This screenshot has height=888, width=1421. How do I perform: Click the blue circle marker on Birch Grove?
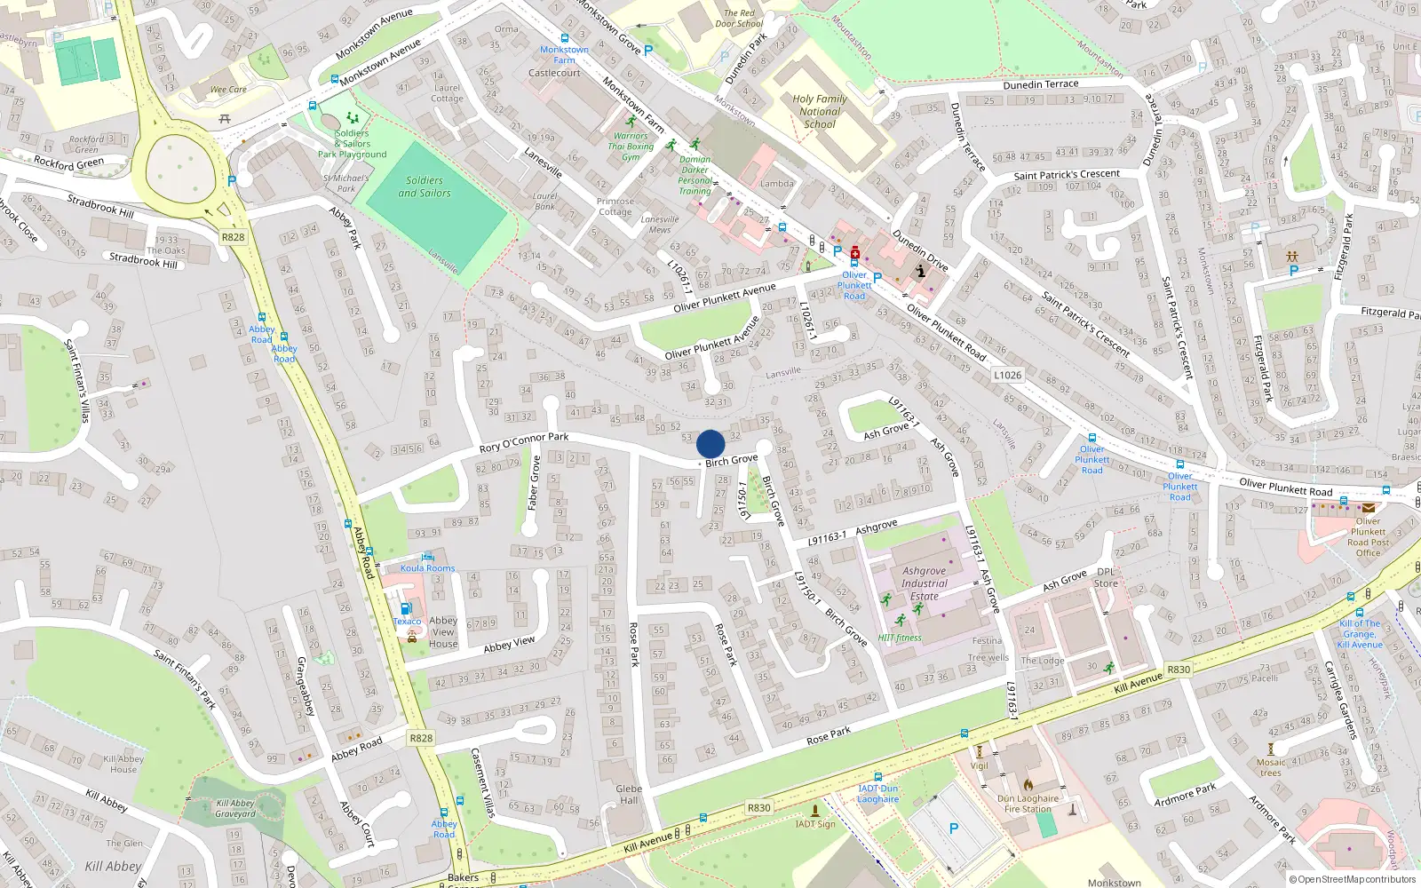click(x=710, y=444)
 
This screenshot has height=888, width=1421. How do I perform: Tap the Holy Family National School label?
click(x=819, y=112)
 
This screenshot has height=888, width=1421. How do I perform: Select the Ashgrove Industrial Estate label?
click(x=924, y=583)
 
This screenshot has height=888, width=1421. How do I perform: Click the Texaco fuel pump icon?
click(x=406, y=608)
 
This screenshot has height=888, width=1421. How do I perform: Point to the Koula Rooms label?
click(x=427, y=568)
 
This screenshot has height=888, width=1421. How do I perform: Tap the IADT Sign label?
click(x=815, y=824)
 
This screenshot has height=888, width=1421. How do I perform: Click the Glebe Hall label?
click(x=629, y=794)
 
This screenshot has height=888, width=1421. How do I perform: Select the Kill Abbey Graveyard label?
click(x=235, y=808)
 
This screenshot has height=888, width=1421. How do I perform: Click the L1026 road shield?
click(x=1007, y=375)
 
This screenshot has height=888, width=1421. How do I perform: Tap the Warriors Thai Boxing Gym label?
click(x=631, y=147)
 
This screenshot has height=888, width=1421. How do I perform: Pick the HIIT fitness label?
click(x=900, y=638)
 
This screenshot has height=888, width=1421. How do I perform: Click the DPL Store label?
click(x=1106, y=578)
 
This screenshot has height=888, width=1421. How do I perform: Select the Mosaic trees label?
click(x=1271, y=767)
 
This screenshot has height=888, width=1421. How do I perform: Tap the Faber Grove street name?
click(x=534, y=482)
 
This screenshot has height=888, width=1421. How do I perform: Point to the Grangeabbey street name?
click(x=305, y=686)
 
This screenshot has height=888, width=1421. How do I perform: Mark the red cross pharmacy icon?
click(x=855, y=252)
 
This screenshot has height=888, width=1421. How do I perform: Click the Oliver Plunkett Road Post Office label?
click(x=1368, y=537)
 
